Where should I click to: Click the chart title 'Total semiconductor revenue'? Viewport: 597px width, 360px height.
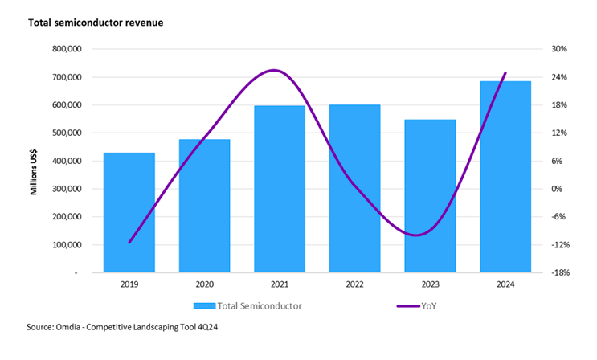(96, 22)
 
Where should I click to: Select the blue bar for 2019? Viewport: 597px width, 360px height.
(129, 212)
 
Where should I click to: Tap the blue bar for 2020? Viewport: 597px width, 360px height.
(204, 206)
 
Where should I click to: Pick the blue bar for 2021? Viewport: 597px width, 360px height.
(280, 189)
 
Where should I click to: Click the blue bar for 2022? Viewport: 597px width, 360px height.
(354, 188)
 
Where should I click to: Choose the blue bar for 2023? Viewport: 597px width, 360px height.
(430, 196)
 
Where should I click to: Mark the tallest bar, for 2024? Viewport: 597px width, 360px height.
(505, 177)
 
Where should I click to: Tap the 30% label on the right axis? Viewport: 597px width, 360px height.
(560, 49)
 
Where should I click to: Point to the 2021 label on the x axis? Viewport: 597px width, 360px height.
(280, 284)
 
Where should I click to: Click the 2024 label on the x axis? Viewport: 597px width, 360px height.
(505, 284)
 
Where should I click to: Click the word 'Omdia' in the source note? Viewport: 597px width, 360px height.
(75, 327)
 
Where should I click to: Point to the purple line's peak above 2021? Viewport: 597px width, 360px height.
(274, 71)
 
